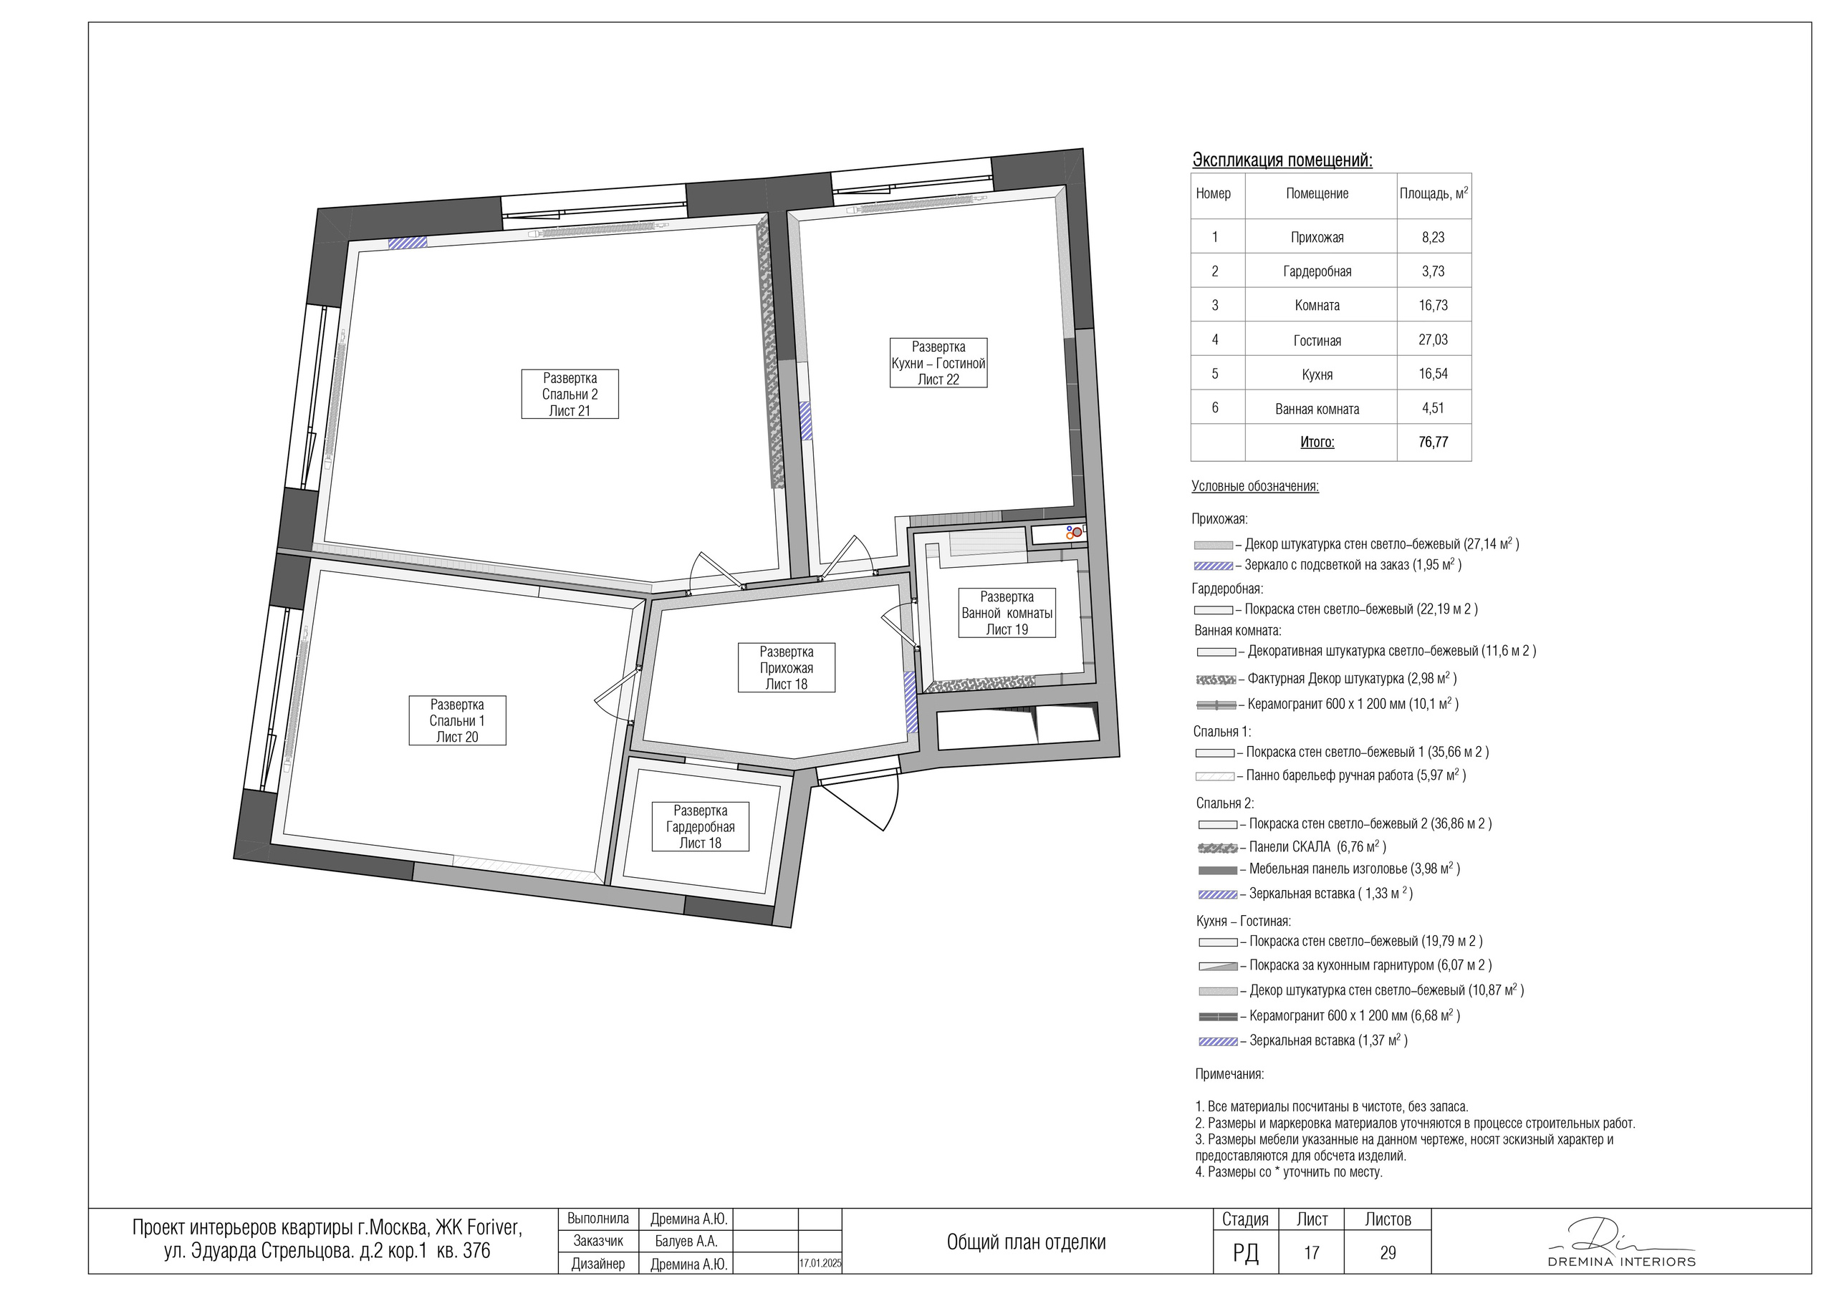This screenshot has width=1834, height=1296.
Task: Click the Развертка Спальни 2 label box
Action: point(570,394)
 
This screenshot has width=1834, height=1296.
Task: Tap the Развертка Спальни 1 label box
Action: point(457,720)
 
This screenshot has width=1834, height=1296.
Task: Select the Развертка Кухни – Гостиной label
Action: point(938,362)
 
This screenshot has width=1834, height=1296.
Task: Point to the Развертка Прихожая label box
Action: point(787,667)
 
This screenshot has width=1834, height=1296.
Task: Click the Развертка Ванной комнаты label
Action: point(1007,612)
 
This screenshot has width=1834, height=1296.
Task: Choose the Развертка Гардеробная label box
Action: point(701,826)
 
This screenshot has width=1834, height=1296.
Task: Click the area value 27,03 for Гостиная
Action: point(1433,339)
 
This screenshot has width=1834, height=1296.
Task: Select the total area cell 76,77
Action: point(1433,442)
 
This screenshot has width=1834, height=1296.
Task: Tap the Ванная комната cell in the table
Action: point(1317,409)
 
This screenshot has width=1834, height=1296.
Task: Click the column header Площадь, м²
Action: point(1433,193)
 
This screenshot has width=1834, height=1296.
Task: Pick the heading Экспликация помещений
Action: point(1282,160)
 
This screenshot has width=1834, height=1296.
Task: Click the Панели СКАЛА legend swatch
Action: point(1218,847)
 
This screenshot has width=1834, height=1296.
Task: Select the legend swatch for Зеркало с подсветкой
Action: point(1214,566)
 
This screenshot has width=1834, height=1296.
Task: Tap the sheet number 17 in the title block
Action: point(1312,1253)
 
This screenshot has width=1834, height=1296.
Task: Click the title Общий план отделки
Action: point(1026,1242)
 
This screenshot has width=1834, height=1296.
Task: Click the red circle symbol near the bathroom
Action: point(1077,531)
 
